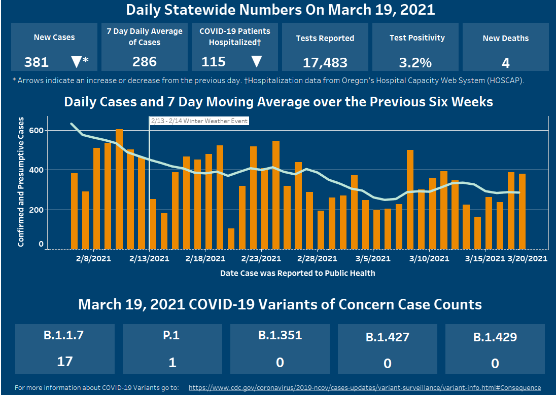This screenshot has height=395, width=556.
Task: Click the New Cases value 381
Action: [x=37, y=62]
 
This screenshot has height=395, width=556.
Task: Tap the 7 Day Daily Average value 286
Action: [x=144, y=62]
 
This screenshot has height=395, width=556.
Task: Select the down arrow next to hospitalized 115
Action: [x=257, y=62]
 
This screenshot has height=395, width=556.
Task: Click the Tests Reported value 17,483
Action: [x=325, y=62]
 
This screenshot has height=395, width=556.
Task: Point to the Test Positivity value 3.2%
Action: [x=415, y=62]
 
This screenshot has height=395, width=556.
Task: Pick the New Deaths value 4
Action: [x=505, y=63]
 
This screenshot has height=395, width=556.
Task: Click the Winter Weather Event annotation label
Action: [x=199, y=121]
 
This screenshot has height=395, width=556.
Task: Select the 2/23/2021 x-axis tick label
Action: [x=261, y=259]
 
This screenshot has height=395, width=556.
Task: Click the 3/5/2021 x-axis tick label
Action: [x=373, y=259]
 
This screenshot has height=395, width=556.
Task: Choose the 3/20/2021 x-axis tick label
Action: [x=528, y=259]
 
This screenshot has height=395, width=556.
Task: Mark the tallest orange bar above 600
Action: [x=119, y=189]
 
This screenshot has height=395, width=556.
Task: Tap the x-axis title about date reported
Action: [x=297, y=273]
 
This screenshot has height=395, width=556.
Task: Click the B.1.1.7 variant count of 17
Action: [x=65, y=362]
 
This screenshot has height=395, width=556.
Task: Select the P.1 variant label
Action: [x=172, y=336]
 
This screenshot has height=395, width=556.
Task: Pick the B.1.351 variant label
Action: [x=280, y=335]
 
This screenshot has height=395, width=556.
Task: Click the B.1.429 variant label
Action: [x=495, y=337]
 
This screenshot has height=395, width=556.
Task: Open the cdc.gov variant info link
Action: [x=364, y=388]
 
